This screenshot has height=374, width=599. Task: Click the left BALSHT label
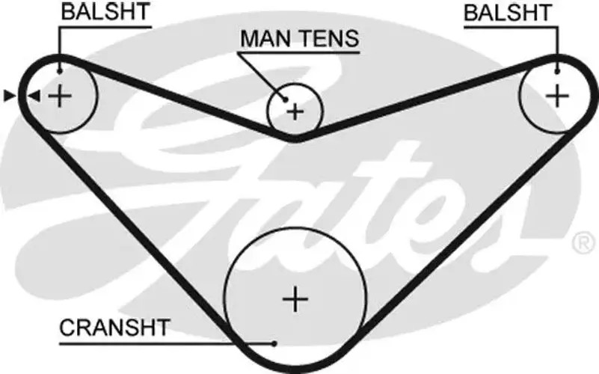tap(105, 11)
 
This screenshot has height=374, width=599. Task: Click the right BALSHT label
tap(508, 12)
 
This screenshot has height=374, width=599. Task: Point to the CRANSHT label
tap(114, 328)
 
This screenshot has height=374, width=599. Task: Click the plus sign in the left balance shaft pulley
tap(60, 96)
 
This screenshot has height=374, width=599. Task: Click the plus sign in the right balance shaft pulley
tap(557, 96)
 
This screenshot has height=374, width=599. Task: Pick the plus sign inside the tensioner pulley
tap(295, 112)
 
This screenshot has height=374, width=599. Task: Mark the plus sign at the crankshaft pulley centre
tap(295, 299)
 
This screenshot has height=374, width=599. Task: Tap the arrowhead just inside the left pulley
tap(34, 96)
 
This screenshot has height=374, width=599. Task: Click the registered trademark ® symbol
tap(584, 243)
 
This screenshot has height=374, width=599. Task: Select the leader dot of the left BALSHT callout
tap(59, 72)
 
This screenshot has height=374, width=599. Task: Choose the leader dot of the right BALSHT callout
tap(557, 72)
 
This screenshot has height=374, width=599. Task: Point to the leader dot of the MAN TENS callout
tap(285, 100)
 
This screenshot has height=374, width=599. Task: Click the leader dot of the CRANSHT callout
tap(274, 344)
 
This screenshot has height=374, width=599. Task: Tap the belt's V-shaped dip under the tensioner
tap(295, 138)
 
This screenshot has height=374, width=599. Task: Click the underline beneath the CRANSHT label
tap(167, 344)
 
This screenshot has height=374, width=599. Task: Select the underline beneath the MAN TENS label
tap(298, 52)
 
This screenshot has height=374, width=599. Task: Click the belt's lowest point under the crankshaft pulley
tap(295, 370)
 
